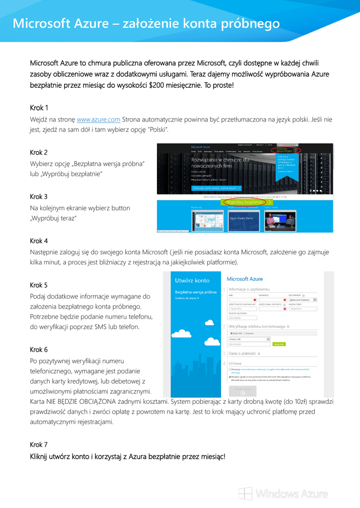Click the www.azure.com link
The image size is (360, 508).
coord(98,120)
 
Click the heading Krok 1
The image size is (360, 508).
coord(39,108)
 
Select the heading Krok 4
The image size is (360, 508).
coord(39,241)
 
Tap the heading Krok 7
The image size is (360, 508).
coord(39,444)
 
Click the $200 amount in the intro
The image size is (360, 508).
coord(158,85)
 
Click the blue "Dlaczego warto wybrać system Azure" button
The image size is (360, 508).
coord(216,189)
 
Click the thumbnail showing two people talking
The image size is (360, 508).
coord(280,219)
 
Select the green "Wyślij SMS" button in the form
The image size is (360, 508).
coord(279,344)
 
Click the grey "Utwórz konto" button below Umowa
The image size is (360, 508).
coord(243,390)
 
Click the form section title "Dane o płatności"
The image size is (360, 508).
coord(242,354)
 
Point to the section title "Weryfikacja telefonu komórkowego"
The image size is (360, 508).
coord(257,326)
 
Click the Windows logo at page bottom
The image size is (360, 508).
coord(245,494)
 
